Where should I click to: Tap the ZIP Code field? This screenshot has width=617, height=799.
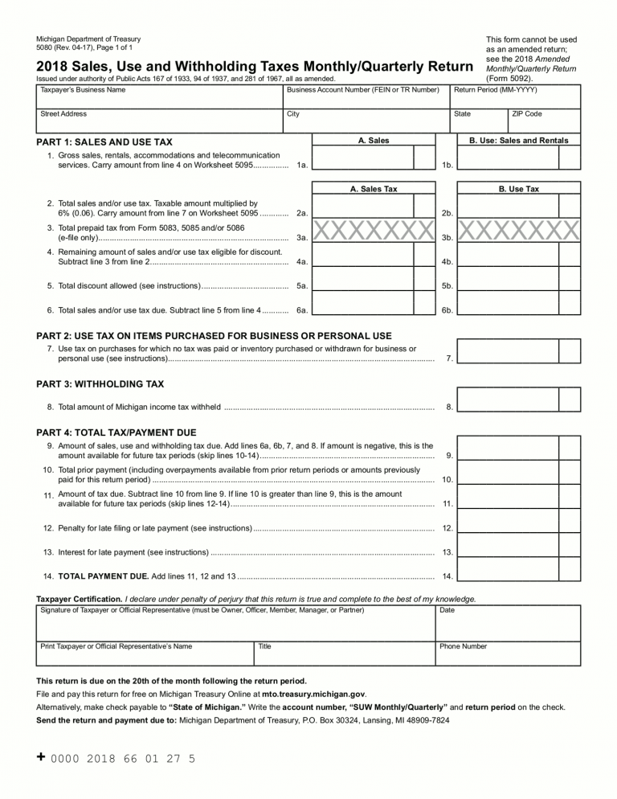point(545,124)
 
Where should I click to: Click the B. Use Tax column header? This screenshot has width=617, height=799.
point(518,189)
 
